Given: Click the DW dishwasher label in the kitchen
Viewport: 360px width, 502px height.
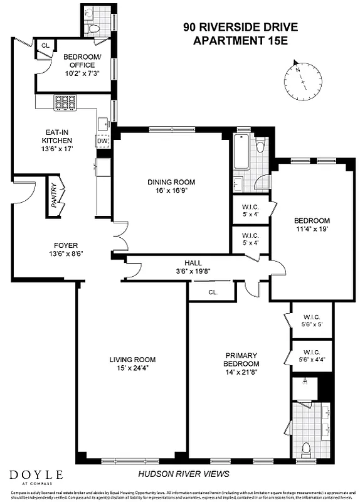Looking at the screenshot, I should (x=103, y=141).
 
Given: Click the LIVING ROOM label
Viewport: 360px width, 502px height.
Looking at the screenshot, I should (x=132, y=360).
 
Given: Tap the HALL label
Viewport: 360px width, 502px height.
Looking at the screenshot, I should (x=193, y=263).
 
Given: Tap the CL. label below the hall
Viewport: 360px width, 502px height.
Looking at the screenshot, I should (x=213, y=292).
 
